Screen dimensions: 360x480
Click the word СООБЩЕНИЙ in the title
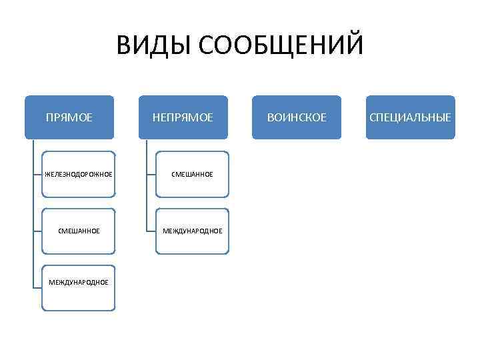pos(281,46)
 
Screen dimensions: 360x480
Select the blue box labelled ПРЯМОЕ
pos(69,117)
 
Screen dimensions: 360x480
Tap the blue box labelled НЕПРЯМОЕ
pos(183,117)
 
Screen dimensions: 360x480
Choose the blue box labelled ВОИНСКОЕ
pos(297,117)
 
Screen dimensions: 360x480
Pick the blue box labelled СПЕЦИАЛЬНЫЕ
pos(411,117)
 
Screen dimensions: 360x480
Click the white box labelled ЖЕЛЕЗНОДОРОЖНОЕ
pos(79,174)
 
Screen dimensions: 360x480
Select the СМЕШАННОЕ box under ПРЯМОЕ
pos(79,231)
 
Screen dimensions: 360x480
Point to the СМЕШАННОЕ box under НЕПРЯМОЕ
pos(192,174)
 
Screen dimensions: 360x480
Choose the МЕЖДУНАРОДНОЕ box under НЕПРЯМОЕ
pos(192,231)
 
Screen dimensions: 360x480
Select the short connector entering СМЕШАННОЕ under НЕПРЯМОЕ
pos(151,174)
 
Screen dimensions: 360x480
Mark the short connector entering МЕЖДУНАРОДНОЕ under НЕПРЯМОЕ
pos(151,231)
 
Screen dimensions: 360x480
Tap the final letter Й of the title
pos(355,46)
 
